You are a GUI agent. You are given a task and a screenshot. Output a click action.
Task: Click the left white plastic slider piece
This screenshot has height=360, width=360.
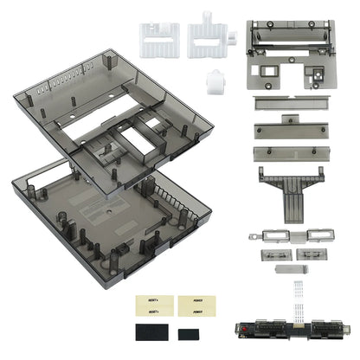[x=160, y=37]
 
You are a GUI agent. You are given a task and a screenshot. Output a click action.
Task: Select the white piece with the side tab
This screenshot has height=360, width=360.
[x=209, y=37]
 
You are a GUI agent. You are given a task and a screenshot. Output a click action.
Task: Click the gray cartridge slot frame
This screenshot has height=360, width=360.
[x=285, y=52]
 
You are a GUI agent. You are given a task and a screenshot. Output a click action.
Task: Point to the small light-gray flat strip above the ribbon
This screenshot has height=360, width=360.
[x=286, y=270]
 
